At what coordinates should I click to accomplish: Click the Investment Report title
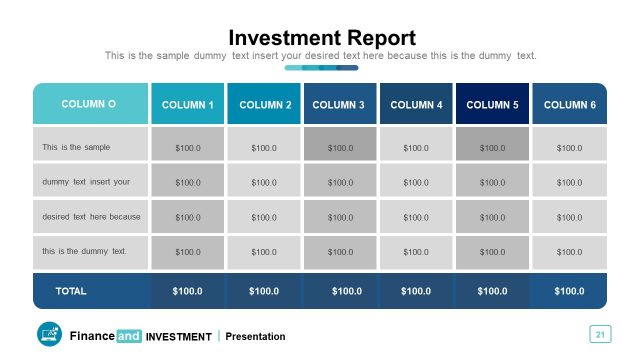tap(321, 38)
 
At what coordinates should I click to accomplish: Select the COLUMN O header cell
tap(89, 104)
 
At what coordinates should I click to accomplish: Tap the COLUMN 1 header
tap(188, 105)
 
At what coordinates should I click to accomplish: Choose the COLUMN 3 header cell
tap(340, 105)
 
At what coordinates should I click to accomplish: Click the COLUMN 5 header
tap(492, 105)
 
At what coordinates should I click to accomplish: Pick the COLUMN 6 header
tap(569, 105)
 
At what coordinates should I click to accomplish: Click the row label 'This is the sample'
tap(76, 148)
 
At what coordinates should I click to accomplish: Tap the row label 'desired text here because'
tap(91, 217)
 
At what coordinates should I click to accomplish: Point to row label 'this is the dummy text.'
tap(84, 251)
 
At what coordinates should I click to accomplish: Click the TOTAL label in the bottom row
tap(71, 291)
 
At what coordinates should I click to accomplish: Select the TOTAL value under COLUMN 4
tap(416, 291)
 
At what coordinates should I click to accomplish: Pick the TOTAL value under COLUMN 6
tap(569, 291)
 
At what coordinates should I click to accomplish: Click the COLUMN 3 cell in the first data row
tap(340, 148)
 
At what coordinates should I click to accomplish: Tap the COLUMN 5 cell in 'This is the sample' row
tap(492, 148)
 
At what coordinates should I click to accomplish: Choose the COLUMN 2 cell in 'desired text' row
tap(264, 217)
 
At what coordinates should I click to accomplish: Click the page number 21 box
tap(600, 334)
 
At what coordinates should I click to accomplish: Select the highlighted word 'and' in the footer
tap(129, 336)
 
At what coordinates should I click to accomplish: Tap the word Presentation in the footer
tap(255, 337)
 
